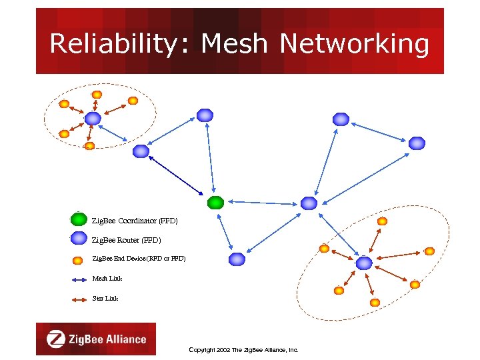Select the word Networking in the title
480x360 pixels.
point(355,44)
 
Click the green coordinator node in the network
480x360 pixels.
point(215,202)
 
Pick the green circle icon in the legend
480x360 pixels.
point(79,219)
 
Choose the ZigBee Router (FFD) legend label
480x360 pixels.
point(125,239)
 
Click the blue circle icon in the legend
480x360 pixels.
point(79,238)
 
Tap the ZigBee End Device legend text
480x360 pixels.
point(138,258)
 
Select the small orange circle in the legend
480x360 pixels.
point(79,259)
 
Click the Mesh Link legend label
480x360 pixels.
point(107,278)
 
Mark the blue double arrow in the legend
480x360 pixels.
point(79,279)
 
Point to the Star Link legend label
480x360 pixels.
point(105,298)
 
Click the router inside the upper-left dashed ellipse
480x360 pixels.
point(93,119)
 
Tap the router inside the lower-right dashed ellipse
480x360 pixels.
point(363,263)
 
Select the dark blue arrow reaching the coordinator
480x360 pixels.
point(175,175)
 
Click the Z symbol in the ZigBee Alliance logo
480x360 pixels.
point(57,339)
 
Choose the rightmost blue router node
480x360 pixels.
point(417,143)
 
